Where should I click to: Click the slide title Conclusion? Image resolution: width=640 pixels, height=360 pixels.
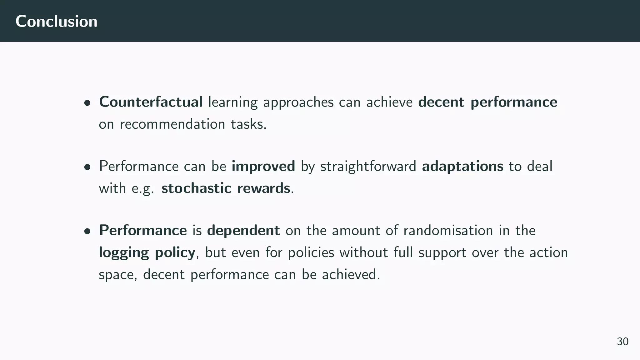[x=56, y=21]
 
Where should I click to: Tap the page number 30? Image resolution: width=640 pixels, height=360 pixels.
[x=622, y=341]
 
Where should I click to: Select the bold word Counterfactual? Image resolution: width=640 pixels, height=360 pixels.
[x=151, y=102]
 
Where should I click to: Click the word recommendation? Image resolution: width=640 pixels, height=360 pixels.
[x=172, y=124]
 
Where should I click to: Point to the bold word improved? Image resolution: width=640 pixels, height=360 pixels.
[x=263, y=166]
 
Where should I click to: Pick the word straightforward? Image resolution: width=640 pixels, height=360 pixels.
[x=368, y=166]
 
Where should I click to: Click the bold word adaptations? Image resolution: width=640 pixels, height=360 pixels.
[x=462, y=166]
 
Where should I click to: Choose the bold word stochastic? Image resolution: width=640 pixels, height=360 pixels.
[x=196, y=188]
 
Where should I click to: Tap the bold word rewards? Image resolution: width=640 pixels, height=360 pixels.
[x=263, y=188]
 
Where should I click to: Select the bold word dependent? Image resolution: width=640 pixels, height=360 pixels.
[x=243, y=230]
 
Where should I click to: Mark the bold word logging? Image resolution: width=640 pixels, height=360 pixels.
[x=124, y=252]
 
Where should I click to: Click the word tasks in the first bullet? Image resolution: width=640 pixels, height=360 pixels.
[x=248, y=124]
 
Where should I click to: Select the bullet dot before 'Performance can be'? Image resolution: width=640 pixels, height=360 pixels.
[x=87, y=167]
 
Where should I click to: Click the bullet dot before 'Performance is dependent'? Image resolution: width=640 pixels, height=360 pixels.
[x=87, y=231]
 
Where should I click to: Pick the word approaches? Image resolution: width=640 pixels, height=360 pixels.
[x=298, y=102]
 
